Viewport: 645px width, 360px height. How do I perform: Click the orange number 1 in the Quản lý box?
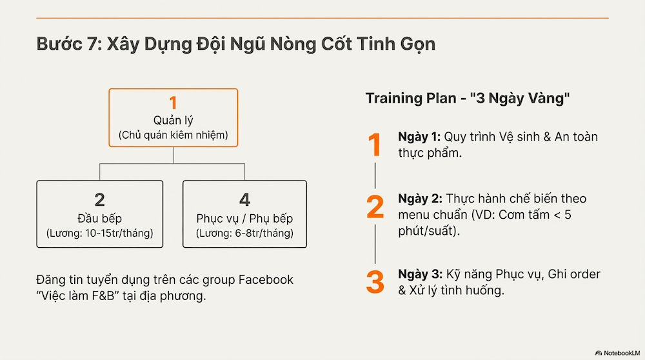[172, 103]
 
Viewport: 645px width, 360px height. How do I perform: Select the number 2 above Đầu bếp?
[99, 199]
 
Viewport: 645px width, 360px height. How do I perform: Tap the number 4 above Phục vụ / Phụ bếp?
[244, 199]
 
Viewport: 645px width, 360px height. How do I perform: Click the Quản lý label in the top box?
[172, 120]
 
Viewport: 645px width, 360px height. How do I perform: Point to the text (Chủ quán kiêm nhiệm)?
[172, 135]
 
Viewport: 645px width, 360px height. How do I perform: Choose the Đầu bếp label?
[99, 217]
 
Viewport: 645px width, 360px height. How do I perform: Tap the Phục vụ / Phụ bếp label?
[244, 217]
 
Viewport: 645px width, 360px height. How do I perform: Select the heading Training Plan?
[410, 99]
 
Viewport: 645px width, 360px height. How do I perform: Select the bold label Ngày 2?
[420, 199]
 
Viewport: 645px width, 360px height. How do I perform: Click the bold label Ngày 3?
[420, 274]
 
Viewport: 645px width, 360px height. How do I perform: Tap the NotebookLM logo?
[617, 353]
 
